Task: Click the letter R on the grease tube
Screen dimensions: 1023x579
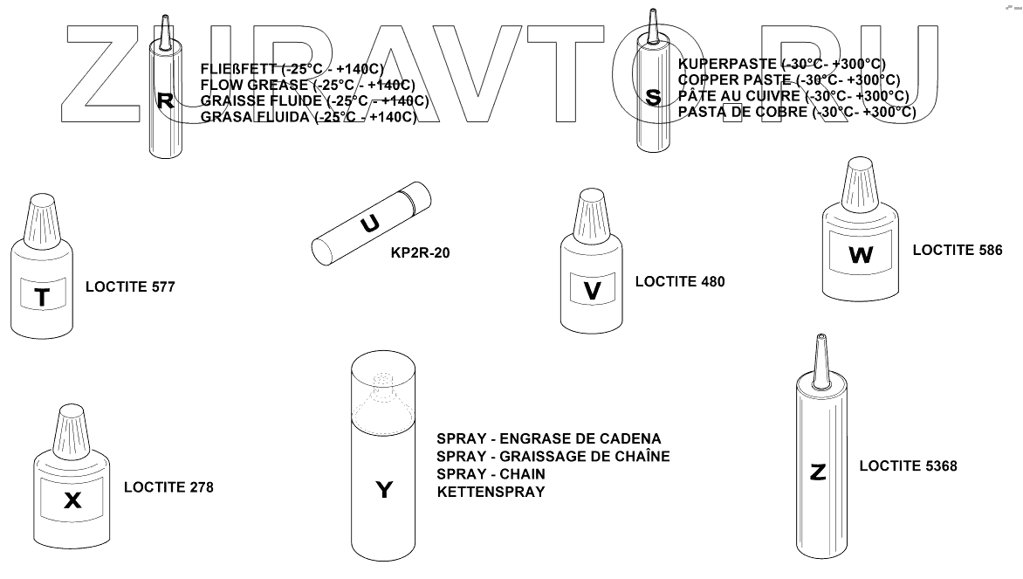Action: click(164, 100)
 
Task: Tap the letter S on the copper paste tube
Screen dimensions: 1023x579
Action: click(652, 97)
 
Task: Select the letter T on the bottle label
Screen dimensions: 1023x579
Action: click(41, 298)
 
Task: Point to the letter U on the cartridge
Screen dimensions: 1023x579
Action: click(370, 225)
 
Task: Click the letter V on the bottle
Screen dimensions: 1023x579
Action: click(593, 291)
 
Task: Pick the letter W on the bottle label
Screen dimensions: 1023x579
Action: click(860, 256)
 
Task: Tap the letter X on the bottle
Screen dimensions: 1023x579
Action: click(73, 500)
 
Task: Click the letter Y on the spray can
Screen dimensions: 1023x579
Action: click(384, 490)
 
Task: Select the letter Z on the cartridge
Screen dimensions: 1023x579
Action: click(818, 472)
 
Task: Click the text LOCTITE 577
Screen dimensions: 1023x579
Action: click(130, 286)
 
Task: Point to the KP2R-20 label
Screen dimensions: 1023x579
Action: click(422, 253)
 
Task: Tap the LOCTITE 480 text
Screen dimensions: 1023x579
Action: click(680, 281)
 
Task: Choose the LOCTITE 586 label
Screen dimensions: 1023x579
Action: click(958, 250)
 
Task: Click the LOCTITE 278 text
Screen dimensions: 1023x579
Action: click(168, 487)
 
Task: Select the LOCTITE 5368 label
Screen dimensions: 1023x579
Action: click(908, 466)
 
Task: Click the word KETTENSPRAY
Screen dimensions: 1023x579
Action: click(491, 492)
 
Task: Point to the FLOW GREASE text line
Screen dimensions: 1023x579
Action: click(307, 85)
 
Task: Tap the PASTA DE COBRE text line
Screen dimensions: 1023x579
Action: click(797, 112)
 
